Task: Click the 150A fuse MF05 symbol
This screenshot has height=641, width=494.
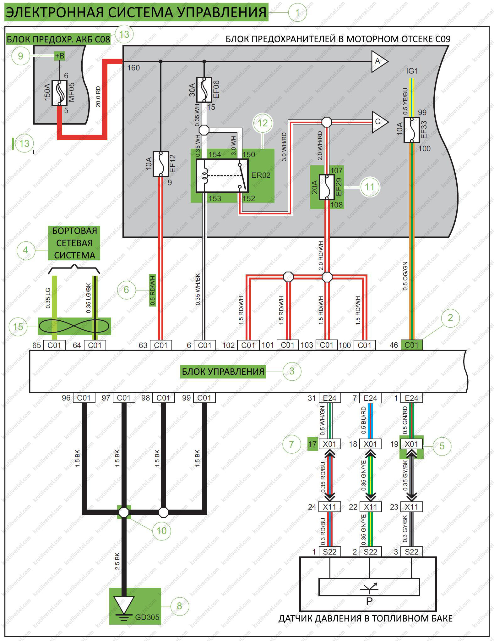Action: click(x=59, y=93)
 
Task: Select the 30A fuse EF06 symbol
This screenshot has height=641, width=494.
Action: click(x=204, y=90)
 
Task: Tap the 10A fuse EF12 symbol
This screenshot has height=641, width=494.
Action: click(x=160, y=163)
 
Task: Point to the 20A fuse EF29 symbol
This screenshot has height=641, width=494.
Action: click(x=327, y=187)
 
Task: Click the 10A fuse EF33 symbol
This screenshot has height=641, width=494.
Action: click(x=411, y=130)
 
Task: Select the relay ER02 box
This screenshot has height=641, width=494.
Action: click(x=222, y=176)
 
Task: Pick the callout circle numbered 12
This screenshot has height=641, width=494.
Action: click(x=263, y=123)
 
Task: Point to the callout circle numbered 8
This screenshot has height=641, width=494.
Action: click(x=179, y=606)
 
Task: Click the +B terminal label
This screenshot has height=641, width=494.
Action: click(x=59, y=56)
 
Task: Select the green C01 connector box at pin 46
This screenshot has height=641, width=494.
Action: click(x=411, y=345)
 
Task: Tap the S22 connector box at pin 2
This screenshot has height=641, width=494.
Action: click(x=370, y=552)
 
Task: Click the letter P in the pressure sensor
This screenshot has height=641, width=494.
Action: click(x=369, y=601)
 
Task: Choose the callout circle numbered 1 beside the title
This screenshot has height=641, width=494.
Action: click(x=297, y=13)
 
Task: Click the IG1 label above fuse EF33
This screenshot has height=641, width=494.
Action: click(x=412, y=71)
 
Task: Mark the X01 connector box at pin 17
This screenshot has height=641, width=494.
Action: click(x=329, y=444)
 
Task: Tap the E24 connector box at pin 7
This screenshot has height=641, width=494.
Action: click(x=370, y=398)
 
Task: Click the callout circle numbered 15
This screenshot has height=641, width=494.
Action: click(x=18, y=327)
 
